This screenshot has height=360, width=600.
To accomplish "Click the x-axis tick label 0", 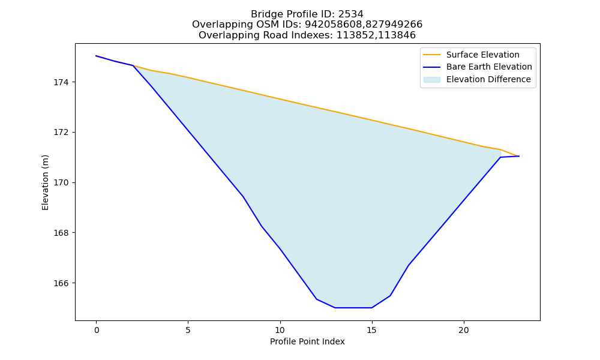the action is click(97, 330).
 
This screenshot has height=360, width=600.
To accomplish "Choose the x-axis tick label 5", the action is click(188, 330).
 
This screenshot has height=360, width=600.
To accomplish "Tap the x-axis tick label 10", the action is click(280, 330).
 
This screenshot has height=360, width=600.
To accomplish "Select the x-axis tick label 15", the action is click(372, 330).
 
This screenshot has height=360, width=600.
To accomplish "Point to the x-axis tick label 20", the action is click(464, 330).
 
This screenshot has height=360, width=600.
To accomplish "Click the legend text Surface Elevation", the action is click(483, 55).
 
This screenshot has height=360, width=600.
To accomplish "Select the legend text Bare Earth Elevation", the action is click(489, 67).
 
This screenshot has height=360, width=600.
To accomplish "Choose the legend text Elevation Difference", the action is click(488, 79).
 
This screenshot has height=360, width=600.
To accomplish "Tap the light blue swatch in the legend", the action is click(431, 80).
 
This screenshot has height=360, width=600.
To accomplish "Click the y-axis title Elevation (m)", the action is click(45, 182).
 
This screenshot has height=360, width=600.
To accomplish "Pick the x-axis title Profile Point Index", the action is click(307, 341).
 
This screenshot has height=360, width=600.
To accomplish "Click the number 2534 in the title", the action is click(350, 14).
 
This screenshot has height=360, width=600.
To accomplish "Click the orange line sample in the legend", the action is click(431, 55).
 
